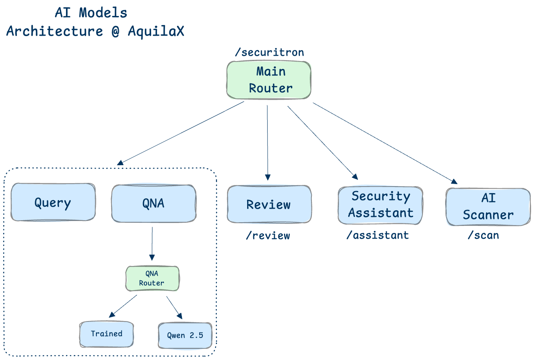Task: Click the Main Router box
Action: pos(269,80)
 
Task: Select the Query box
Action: pos(53,203)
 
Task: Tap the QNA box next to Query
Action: pos(153,203)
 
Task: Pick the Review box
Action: pos(269,204)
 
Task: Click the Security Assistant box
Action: pos(380,205)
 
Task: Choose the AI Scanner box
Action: pos(488,207)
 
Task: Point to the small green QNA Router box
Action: pos(152,279)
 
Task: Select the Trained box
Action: pos(107,334)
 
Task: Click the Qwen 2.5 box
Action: pos(185,335)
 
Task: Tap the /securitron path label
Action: pos(269,52)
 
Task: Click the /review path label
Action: pos(268,235)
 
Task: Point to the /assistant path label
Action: pos(377,235)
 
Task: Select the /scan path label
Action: pos(484,235)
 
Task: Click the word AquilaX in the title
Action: pos(156,31)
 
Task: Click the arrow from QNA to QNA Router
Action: pos(152,244)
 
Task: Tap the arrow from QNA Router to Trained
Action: pos(123,306)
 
